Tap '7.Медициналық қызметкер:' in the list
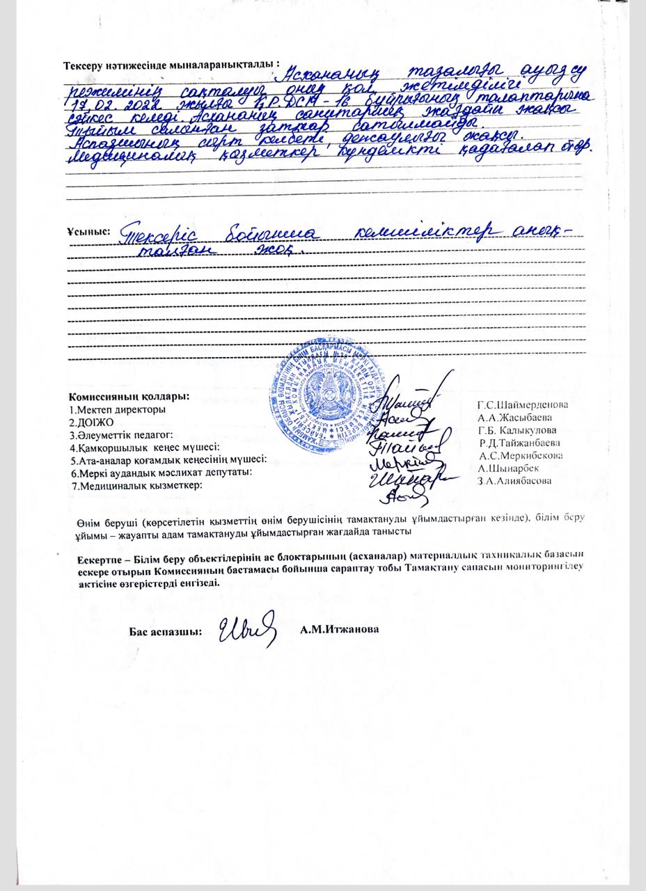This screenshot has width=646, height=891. tap(136, 486)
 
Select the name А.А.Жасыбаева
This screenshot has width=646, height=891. tap(514, 418)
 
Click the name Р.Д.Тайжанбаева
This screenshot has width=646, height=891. tap(519, 443)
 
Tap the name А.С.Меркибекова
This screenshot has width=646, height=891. tap(521, 455)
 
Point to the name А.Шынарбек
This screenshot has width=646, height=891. tap(508, 468)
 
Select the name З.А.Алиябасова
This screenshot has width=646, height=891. tap(514, 480)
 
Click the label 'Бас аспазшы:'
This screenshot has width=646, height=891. tap(166, 632)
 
